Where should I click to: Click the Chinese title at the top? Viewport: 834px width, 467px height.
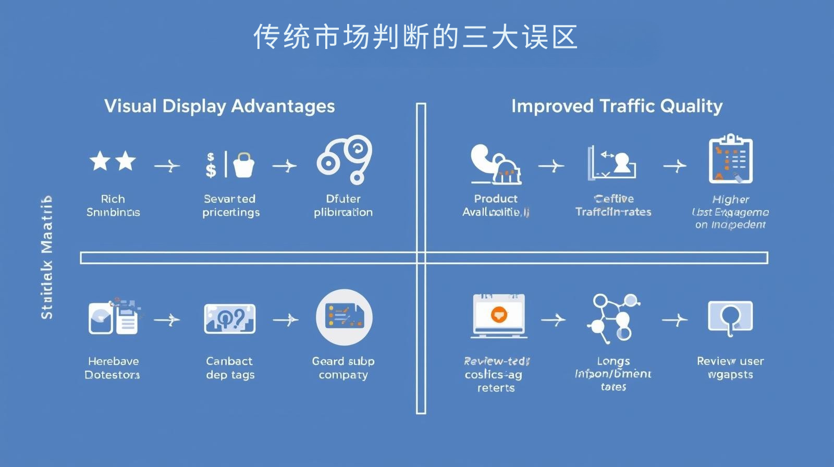pos(415,37)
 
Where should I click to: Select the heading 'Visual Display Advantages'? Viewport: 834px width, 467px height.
pos(219,106)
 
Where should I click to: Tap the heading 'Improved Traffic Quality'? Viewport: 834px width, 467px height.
pos(617,106)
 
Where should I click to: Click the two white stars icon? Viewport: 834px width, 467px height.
pos(113,162)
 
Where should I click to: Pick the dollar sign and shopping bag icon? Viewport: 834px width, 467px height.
pos(230,164)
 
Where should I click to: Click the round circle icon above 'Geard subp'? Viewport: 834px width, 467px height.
pos(344,317)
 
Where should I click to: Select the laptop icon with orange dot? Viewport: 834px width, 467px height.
pos(498,315)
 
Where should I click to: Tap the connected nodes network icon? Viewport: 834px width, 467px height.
pos(614,317)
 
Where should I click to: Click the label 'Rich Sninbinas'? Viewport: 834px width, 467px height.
pos(113,205)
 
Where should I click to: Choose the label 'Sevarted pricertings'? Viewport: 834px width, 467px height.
pos(230,205)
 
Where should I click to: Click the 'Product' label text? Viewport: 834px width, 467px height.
pos(496,199)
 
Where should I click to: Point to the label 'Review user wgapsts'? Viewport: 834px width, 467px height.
pos(730,367)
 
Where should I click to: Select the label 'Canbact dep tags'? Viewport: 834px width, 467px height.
pos(230,367)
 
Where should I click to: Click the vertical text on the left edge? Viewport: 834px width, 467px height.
pos(47,257)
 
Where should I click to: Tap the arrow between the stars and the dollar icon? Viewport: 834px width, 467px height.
pos(167,166)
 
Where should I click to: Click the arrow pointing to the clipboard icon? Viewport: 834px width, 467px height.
pos(675,166)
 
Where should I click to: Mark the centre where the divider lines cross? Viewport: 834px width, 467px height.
pos(421,257)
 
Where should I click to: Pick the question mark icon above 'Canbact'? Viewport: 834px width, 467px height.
pos(230,318)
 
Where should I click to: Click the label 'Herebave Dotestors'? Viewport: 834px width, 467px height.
pos(113,367)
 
